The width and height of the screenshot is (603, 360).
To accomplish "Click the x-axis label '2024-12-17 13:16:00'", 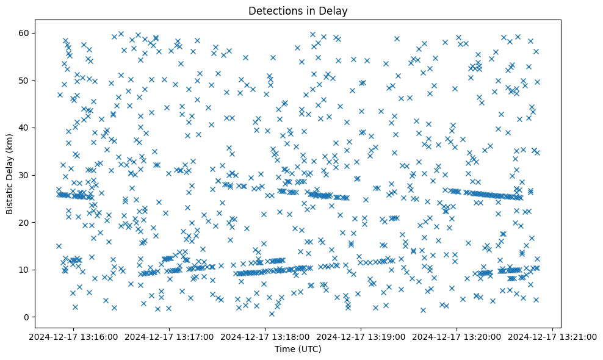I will tap(74, 336).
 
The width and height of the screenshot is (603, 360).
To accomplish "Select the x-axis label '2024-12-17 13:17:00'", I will tap(170, 336).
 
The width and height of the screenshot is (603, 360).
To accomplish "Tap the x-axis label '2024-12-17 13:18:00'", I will tap(265, 336).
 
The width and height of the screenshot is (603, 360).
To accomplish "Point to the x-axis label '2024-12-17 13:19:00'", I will tap(361, 336).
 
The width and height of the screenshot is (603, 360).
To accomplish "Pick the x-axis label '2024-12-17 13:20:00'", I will tap(457, 336).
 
